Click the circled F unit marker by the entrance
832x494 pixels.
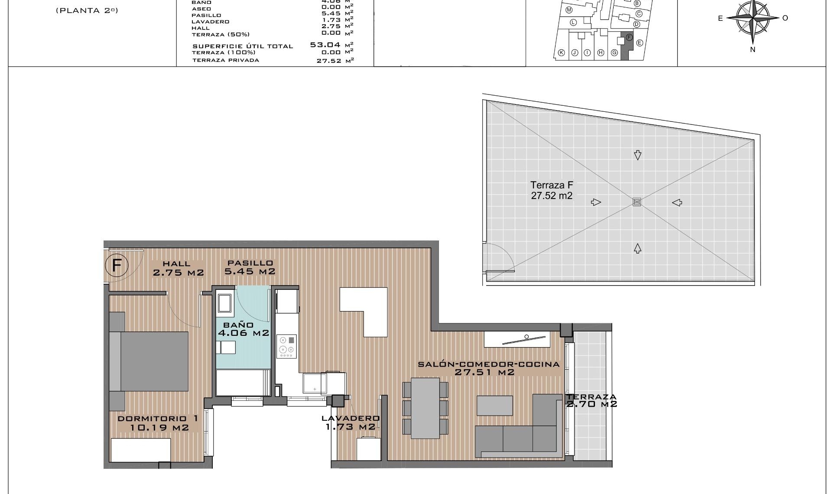click(117, 265)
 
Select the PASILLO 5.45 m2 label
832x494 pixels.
click(250, 267)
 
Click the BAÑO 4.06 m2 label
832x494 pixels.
click(243, 329)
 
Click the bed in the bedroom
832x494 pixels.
click(149, 361)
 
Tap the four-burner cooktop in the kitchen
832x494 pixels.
click(286, 346)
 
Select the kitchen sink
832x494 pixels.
click(315, 383)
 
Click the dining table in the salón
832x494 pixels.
click(425, 408)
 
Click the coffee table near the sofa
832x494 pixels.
click(495, 405)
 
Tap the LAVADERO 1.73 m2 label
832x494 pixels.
click(350, 422)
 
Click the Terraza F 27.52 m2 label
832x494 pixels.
click(552, 191)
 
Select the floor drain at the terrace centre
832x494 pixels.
click(637, 202)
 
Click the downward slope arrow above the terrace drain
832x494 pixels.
click(637, 155)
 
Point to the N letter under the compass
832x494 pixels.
click(753, 49)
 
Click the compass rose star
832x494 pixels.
click(753, 18)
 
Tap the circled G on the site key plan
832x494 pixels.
click(614, 52)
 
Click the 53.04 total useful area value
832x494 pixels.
click(325, 45)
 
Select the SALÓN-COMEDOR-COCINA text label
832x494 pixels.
click(488, 364)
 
